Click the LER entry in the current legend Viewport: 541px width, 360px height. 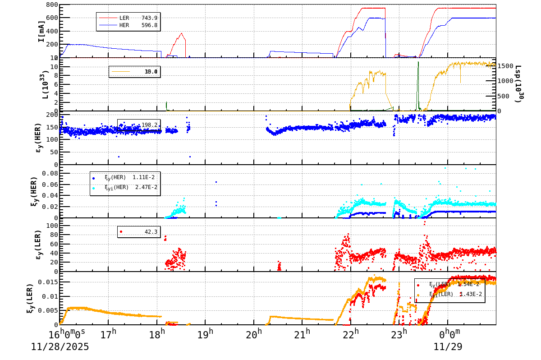pyautogui.click(x=124, y=18)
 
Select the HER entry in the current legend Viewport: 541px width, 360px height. pyautogui.click(x=124, y=25)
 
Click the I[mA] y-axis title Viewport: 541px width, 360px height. pyautogui.click(x=41, y=31)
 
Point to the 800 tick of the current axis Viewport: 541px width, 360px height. pyautogui.click(x=52, y=5)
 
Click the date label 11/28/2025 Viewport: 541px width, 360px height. pyautogui.click(x=60, y=347)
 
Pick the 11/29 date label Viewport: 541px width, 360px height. pyautogui.click(x=448, y=347)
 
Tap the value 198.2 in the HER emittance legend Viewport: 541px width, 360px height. pyautogui.click(x=149, y=125)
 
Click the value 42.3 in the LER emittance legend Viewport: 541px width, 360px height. pyautogui.click(x=151, y=232)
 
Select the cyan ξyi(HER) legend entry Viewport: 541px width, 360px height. pyautogui.click(x=124, y=187)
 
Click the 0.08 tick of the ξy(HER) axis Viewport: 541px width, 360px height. pyautogui.click(x=50, y=173)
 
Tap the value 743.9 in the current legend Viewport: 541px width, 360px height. pyautogui.click(x=149, y=18)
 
